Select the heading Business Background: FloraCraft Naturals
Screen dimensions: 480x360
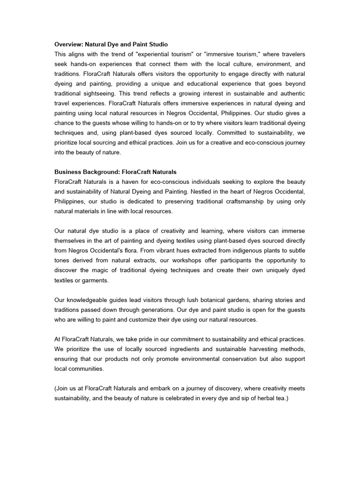coord(115,172)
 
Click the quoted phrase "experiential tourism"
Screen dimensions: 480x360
coord(156,54)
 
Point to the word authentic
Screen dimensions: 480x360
coord(289,93)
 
